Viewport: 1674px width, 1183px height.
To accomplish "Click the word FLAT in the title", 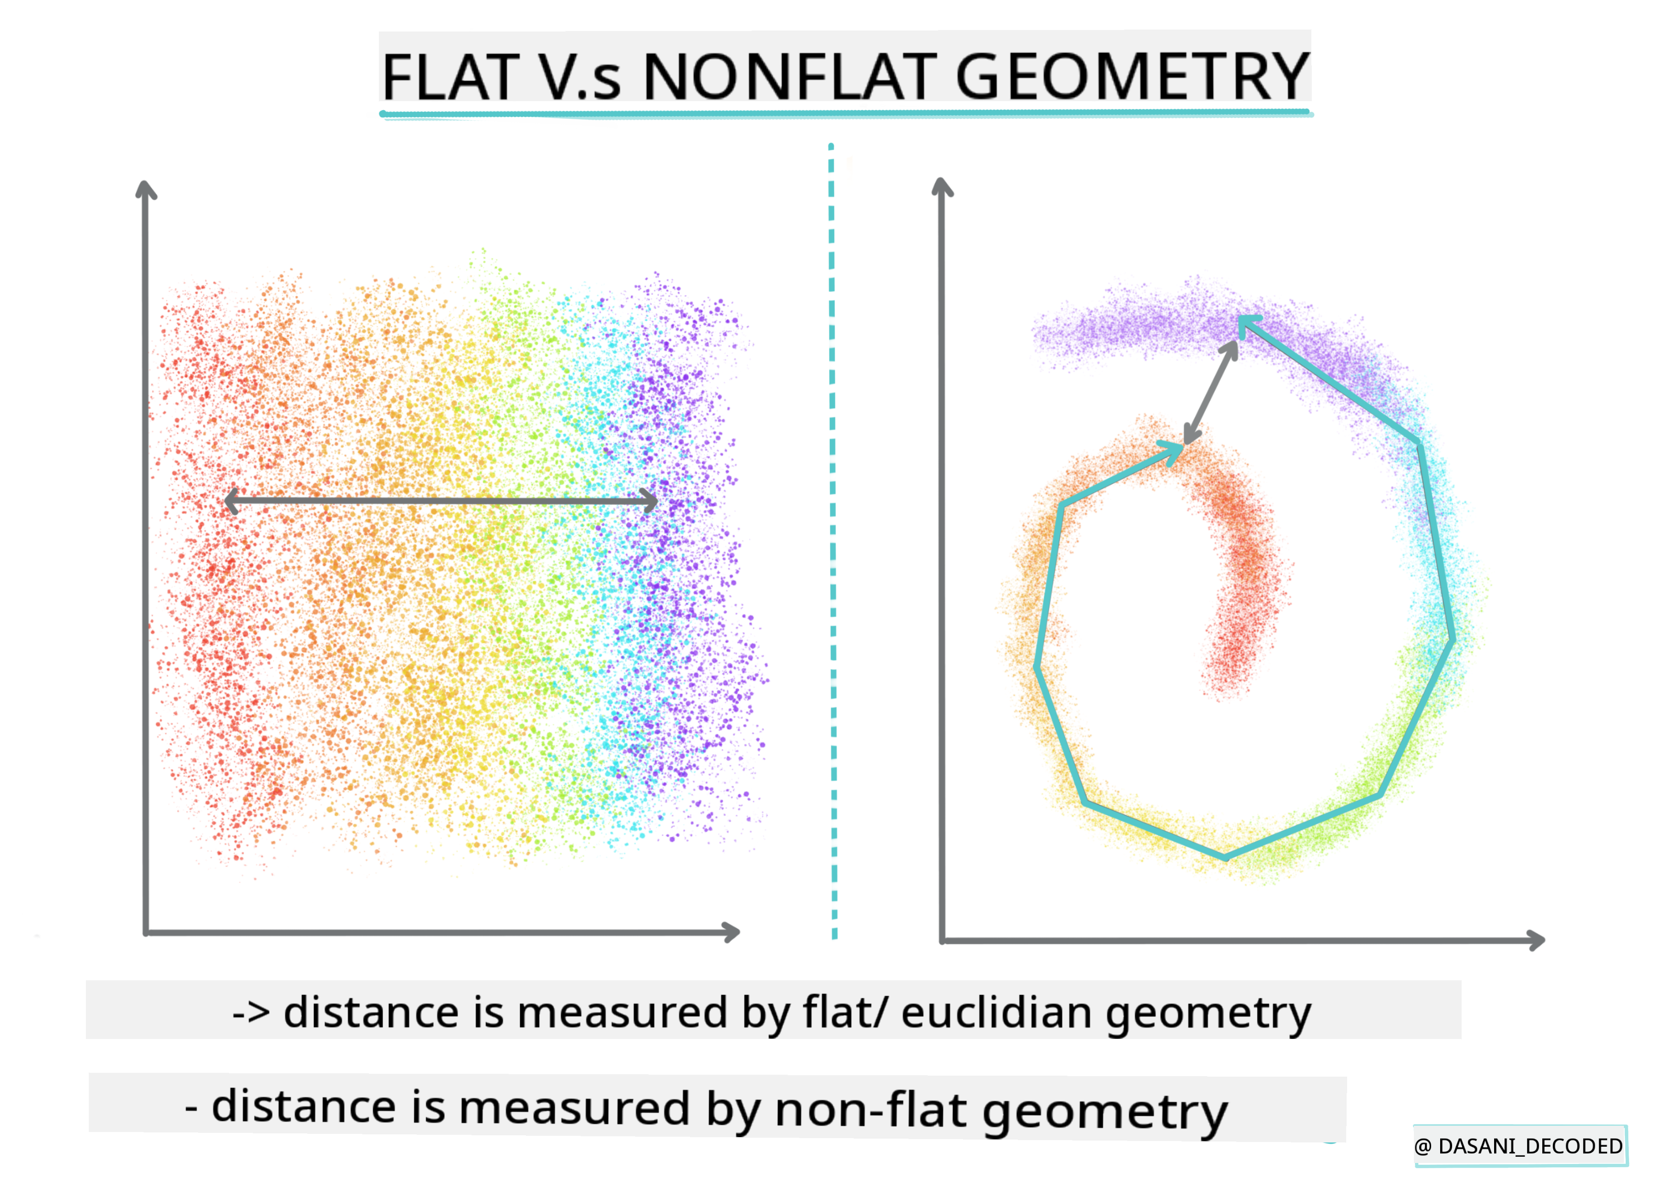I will (x=450, y=77).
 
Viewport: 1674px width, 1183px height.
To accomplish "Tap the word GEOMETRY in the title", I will (x=1132, y=77).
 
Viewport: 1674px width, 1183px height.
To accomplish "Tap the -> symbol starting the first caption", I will (x=251, y=1013).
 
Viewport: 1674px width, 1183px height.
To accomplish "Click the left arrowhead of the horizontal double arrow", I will (x=232, y=501).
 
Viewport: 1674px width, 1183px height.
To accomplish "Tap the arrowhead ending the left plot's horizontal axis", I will (x=731, y=932).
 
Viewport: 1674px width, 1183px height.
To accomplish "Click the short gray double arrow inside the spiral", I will (x=1210, y=392).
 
